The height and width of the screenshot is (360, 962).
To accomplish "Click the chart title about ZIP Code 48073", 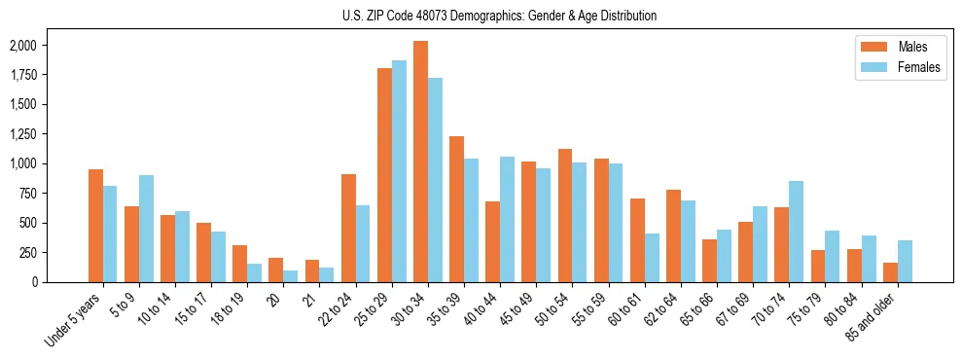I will (499, 16).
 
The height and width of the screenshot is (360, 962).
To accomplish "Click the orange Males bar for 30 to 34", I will (420, 162).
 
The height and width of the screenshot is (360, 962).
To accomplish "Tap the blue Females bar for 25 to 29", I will (399, 171).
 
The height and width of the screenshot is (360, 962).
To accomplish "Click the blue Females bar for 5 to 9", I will (146, 229).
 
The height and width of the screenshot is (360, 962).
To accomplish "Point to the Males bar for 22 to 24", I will (348, 228).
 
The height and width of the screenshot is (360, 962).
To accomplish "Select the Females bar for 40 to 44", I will (507, 219).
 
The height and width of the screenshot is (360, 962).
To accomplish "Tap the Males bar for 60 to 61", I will (637, 240).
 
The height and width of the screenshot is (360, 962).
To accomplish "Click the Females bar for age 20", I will (291, 276).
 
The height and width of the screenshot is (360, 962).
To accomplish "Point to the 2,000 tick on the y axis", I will (22, 46).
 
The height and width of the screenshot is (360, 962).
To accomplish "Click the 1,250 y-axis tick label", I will (22, 134).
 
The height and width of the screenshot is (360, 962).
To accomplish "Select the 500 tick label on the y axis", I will (26, 223).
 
